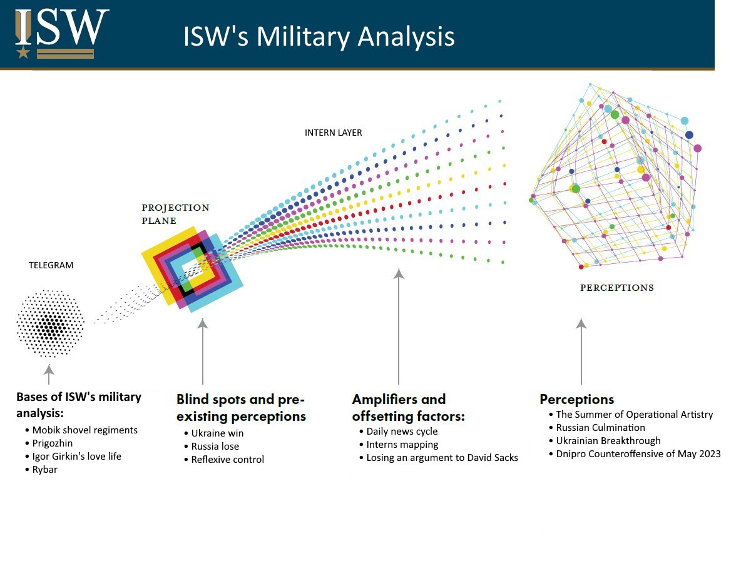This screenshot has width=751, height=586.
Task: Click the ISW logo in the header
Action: click(x=62, y=33)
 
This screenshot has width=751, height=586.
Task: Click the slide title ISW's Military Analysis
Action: click(x=319, y=36)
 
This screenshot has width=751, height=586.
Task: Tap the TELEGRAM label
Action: click(x=51, y=265)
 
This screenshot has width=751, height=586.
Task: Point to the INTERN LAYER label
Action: click(x=333, y=133)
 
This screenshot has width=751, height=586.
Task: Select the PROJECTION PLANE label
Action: click(x=175, y=214)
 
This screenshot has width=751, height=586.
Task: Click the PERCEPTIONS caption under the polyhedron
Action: click(x=616, y=288)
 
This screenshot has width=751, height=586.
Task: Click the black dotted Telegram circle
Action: click(x=50, y=323)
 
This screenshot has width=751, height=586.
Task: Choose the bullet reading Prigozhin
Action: click(x=53, y=443)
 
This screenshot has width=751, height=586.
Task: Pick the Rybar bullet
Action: click(x=45, y=469)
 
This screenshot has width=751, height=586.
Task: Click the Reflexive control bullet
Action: click(x=228, y=460)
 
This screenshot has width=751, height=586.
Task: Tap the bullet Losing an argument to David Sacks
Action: click(x=442, y=457)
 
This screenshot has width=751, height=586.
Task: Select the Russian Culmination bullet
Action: click(x=600, y=428)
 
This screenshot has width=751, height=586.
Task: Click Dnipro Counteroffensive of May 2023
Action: click(x=638, y=454)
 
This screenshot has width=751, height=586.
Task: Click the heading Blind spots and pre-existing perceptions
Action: click(x=241, y=408)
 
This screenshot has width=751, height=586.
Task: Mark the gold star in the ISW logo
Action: click(x=23, y=52)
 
